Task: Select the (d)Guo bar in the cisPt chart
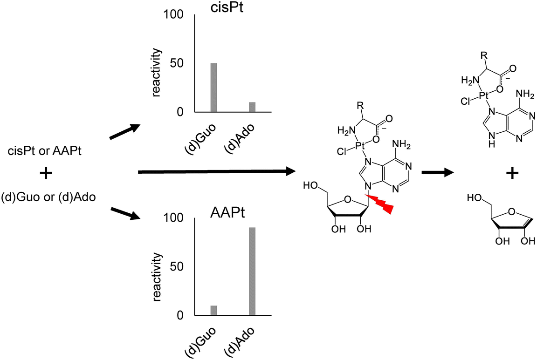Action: [x=214, y=88]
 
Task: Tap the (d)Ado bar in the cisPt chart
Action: [x=252, y=107]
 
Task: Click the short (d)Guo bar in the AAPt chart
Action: [x=214, y=310]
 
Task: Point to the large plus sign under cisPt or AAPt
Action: [x=46, y=174]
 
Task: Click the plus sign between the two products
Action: [x=512, y=174]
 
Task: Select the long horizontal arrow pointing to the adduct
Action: [x=218, y=172]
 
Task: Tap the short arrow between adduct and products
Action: [x=438, y=172]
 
